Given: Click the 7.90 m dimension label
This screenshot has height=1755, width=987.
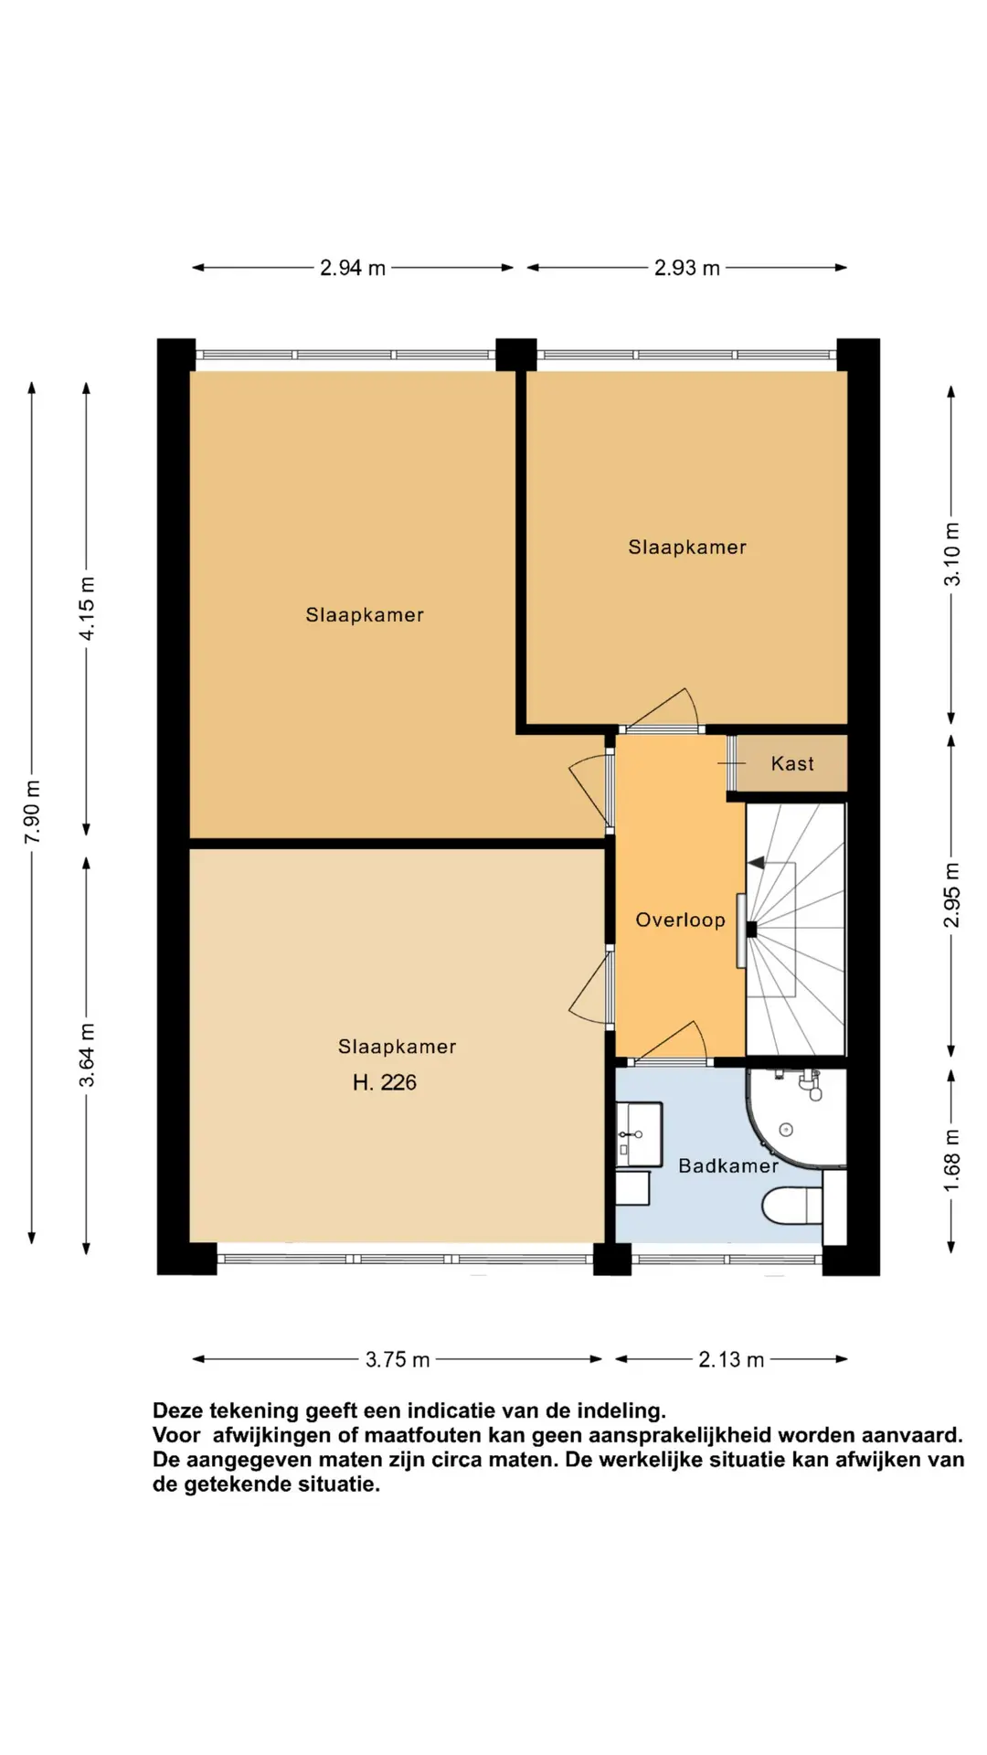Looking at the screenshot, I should pyautogui.click(x=32, y=812).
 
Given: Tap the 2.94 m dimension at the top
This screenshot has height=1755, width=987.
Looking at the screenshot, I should pyautogui.click(x=353, y=268).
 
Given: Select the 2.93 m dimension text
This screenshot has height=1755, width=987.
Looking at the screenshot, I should pyautogui.click(x=687, y=268).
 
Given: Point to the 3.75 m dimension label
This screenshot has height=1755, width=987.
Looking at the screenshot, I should pyautogui.click(x=398, y=1359).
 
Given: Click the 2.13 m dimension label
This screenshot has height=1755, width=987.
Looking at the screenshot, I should pyautogui.click(x=731, y=1359).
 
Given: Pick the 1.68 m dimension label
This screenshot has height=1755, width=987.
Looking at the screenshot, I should pyautogui.click(x=952, y=1160).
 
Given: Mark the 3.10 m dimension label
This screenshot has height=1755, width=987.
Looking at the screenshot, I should pyautogui.click(x=952, y=554).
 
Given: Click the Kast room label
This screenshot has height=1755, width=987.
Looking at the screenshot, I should pyautogui.click(x=792, y=764).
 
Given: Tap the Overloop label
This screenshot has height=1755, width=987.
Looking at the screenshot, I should pyautogui.click(x=680, y=920).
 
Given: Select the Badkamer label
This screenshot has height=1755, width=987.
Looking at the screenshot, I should pyautogui.click(x=728, y=1165).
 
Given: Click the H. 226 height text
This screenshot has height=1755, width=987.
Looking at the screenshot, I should pyautogui.click(x=385, y=1083).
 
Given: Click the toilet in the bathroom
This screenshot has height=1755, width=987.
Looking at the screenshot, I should pyautogui.click(x=791, y=1206).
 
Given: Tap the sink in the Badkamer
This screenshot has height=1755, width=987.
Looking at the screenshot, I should pyautogui.click(x=640, y=1134).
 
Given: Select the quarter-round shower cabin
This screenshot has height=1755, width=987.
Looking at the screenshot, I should pyautogui.click(x=793, y=1120).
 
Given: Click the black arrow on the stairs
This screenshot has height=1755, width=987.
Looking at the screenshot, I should pyautogui.click(x=757, y=862).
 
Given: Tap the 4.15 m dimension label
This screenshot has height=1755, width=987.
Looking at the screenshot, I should pyautogui.click(x=87, y=609).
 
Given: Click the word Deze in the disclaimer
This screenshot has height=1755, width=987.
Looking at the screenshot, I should pyautogui.click(x=179, y=1410).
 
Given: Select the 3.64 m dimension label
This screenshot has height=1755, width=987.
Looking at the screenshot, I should pyautogui.click(x=87, y=1055).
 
